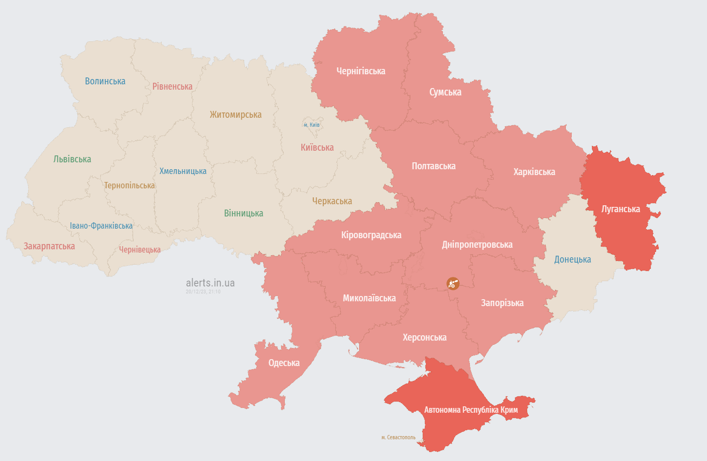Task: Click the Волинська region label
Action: (x=105, y=81)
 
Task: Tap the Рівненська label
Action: (x=172, y=86)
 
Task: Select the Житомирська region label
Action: (x=235, y=115)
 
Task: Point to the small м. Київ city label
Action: (x=311, y=125)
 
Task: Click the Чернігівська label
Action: (x=361, y=71)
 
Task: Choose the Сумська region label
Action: (x=445, y=92)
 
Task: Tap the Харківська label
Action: (x=534, y=171)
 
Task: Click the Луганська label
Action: (x=621, y=208)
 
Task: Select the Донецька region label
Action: (x=572, y=259)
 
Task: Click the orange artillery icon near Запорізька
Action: (x=452, y=283)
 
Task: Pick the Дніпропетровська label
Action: (x=477, y=245)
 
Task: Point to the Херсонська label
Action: (x=424, y=337)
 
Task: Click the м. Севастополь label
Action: (x=398, y=438)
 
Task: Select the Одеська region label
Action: (x=284, y=363)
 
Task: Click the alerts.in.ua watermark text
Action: (x=210, y=283)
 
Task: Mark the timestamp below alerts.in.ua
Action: (x=203, y=292)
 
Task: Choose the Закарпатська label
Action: (x=49, y=246)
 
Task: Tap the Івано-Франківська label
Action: (x=101, y=225)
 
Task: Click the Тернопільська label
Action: (x=129, y=185)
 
